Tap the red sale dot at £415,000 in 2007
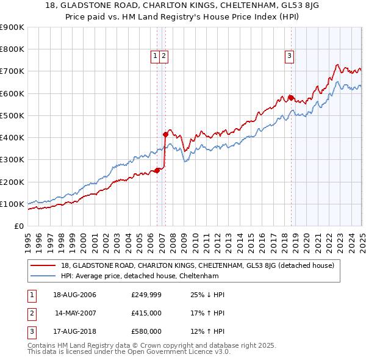[165, 134]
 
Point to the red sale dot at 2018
[291, 98]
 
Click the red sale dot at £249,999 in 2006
[157, 170]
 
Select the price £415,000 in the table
[146, 313]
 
